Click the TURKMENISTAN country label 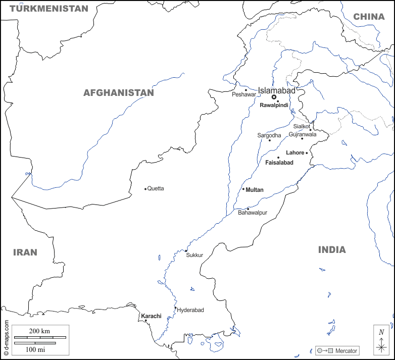point(48,9)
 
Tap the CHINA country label point(369,17)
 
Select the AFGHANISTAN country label point(118,93)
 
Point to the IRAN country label point(25,252)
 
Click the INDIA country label point(332,250)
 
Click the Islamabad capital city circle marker point(274,97)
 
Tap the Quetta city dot point(145,189)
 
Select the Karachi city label point(151,316)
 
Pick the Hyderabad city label point(190,310)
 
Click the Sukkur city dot point(186,251)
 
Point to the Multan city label point(255,190)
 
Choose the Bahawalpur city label point(253,213)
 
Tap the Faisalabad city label point(279,163)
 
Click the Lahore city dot point(307,153)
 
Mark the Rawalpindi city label point(274,106)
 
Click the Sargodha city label point(269,135)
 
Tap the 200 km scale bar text point(39,331)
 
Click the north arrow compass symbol point(381,340)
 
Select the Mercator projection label point(346,351)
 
